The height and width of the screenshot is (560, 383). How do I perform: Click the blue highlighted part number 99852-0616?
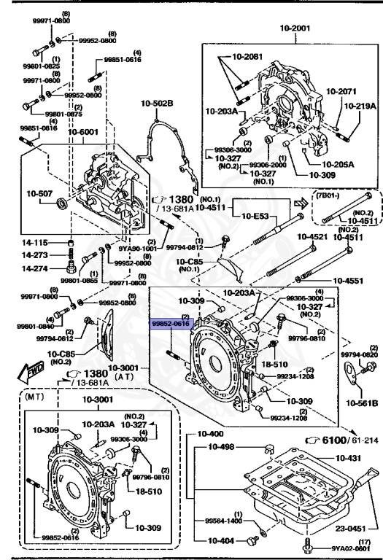coord(170,322)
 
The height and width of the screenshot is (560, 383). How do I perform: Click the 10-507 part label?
coord(39,193)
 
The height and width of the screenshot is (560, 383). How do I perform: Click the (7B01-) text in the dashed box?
coord(327,195)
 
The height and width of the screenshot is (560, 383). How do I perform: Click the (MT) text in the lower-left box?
coord(34,400)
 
